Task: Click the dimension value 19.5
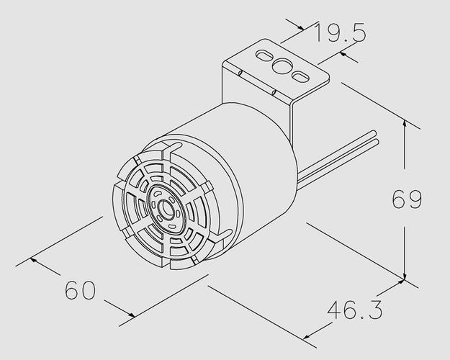click(341, 32)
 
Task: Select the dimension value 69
click(407, 199)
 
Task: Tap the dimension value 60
click(80, 290)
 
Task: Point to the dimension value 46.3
click(355, 310)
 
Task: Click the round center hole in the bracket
click(282, 66)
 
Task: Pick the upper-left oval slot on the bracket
click(265, 55)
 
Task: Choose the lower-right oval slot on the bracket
click(300, 76)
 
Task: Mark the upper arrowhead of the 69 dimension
click(405, 124)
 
